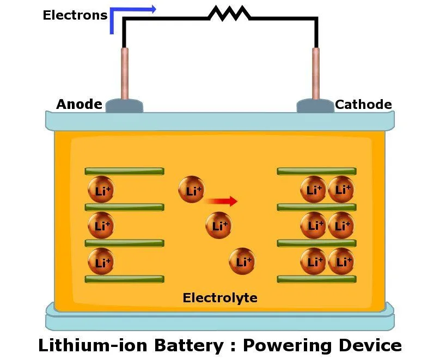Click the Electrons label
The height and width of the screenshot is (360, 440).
75,15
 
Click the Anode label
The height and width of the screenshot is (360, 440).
79,104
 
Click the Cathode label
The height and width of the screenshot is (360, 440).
363,104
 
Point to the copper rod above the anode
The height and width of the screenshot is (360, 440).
125,73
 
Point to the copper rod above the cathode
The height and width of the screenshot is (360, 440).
315,73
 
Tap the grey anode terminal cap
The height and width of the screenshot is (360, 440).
124,106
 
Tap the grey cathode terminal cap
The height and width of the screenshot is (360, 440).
315,106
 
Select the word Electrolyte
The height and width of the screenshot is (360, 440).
220,298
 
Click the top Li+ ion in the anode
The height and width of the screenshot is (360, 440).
101,190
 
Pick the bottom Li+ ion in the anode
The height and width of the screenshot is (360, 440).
101,261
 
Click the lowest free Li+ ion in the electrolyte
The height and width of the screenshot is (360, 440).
242,261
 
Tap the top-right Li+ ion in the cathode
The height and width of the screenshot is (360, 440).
341,190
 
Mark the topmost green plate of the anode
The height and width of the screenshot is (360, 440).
124,171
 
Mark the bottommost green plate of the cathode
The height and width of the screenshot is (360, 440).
316,279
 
